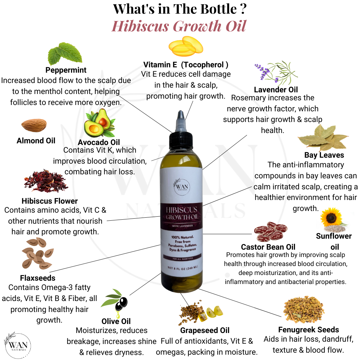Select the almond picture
[34, 125]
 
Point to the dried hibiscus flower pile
[46, 181]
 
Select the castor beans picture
[270, 231]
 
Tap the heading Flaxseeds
[38, 278]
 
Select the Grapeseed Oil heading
[205, 331]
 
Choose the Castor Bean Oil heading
[268, 247]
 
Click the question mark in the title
[243, 9]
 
